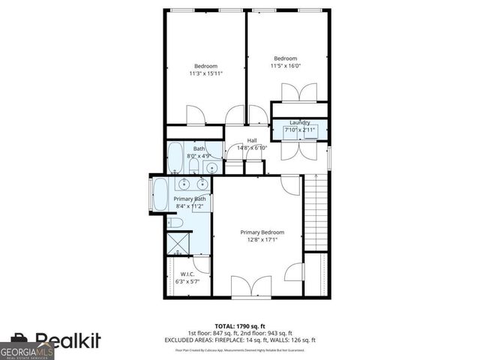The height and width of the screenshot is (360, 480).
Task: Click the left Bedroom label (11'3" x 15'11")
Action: tap(205, 70)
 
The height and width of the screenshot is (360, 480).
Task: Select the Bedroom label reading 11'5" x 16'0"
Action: tap(285, 63)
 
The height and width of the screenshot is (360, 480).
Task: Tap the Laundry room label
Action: tap(299, 127)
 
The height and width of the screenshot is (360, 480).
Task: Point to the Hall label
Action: tap(252, 145)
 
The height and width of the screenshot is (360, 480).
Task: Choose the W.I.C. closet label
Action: tap(188, 277)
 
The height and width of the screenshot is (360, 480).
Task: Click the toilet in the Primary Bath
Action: tap(173, 223)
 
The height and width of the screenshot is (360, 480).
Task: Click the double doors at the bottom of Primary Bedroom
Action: tap(251, 287)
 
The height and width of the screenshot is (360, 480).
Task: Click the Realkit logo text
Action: tap(67, 341)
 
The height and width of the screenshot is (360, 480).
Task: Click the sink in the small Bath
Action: tap(212, 166)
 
